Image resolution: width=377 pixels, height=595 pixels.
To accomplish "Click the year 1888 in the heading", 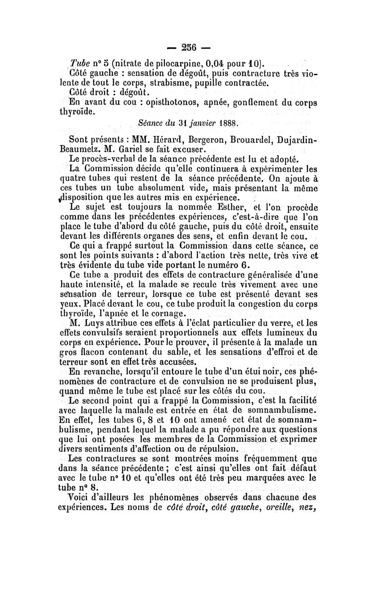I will [227, 124].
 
